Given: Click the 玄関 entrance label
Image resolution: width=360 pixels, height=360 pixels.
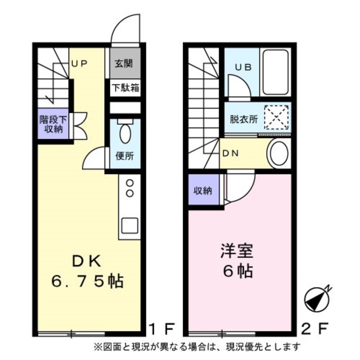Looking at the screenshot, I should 124,64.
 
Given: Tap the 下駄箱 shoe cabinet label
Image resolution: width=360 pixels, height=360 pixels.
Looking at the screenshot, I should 125,88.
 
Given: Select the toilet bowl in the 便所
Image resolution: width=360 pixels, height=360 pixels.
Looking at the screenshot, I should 124,134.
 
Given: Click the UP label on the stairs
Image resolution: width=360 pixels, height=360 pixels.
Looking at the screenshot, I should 79,64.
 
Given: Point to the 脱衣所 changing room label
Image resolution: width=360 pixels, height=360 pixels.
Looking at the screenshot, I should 244,119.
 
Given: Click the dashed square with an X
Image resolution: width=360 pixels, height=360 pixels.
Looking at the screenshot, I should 276,119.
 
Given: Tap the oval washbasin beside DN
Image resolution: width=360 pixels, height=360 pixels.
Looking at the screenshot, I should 277,153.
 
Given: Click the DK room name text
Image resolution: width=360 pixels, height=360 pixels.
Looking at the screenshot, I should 85,260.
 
